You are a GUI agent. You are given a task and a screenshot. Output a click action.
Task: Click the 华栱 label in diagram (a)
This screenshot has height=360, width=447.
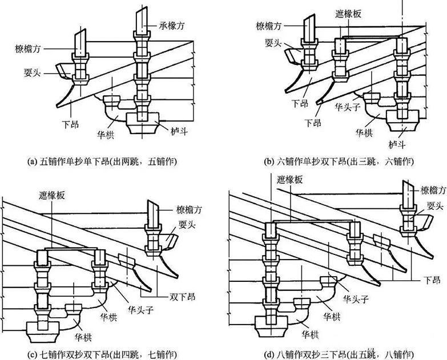tap(106, 136)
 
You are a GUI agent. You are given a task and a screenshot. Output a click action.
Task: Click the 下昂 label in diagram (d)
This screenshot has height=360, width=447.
tap(431, 279)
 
